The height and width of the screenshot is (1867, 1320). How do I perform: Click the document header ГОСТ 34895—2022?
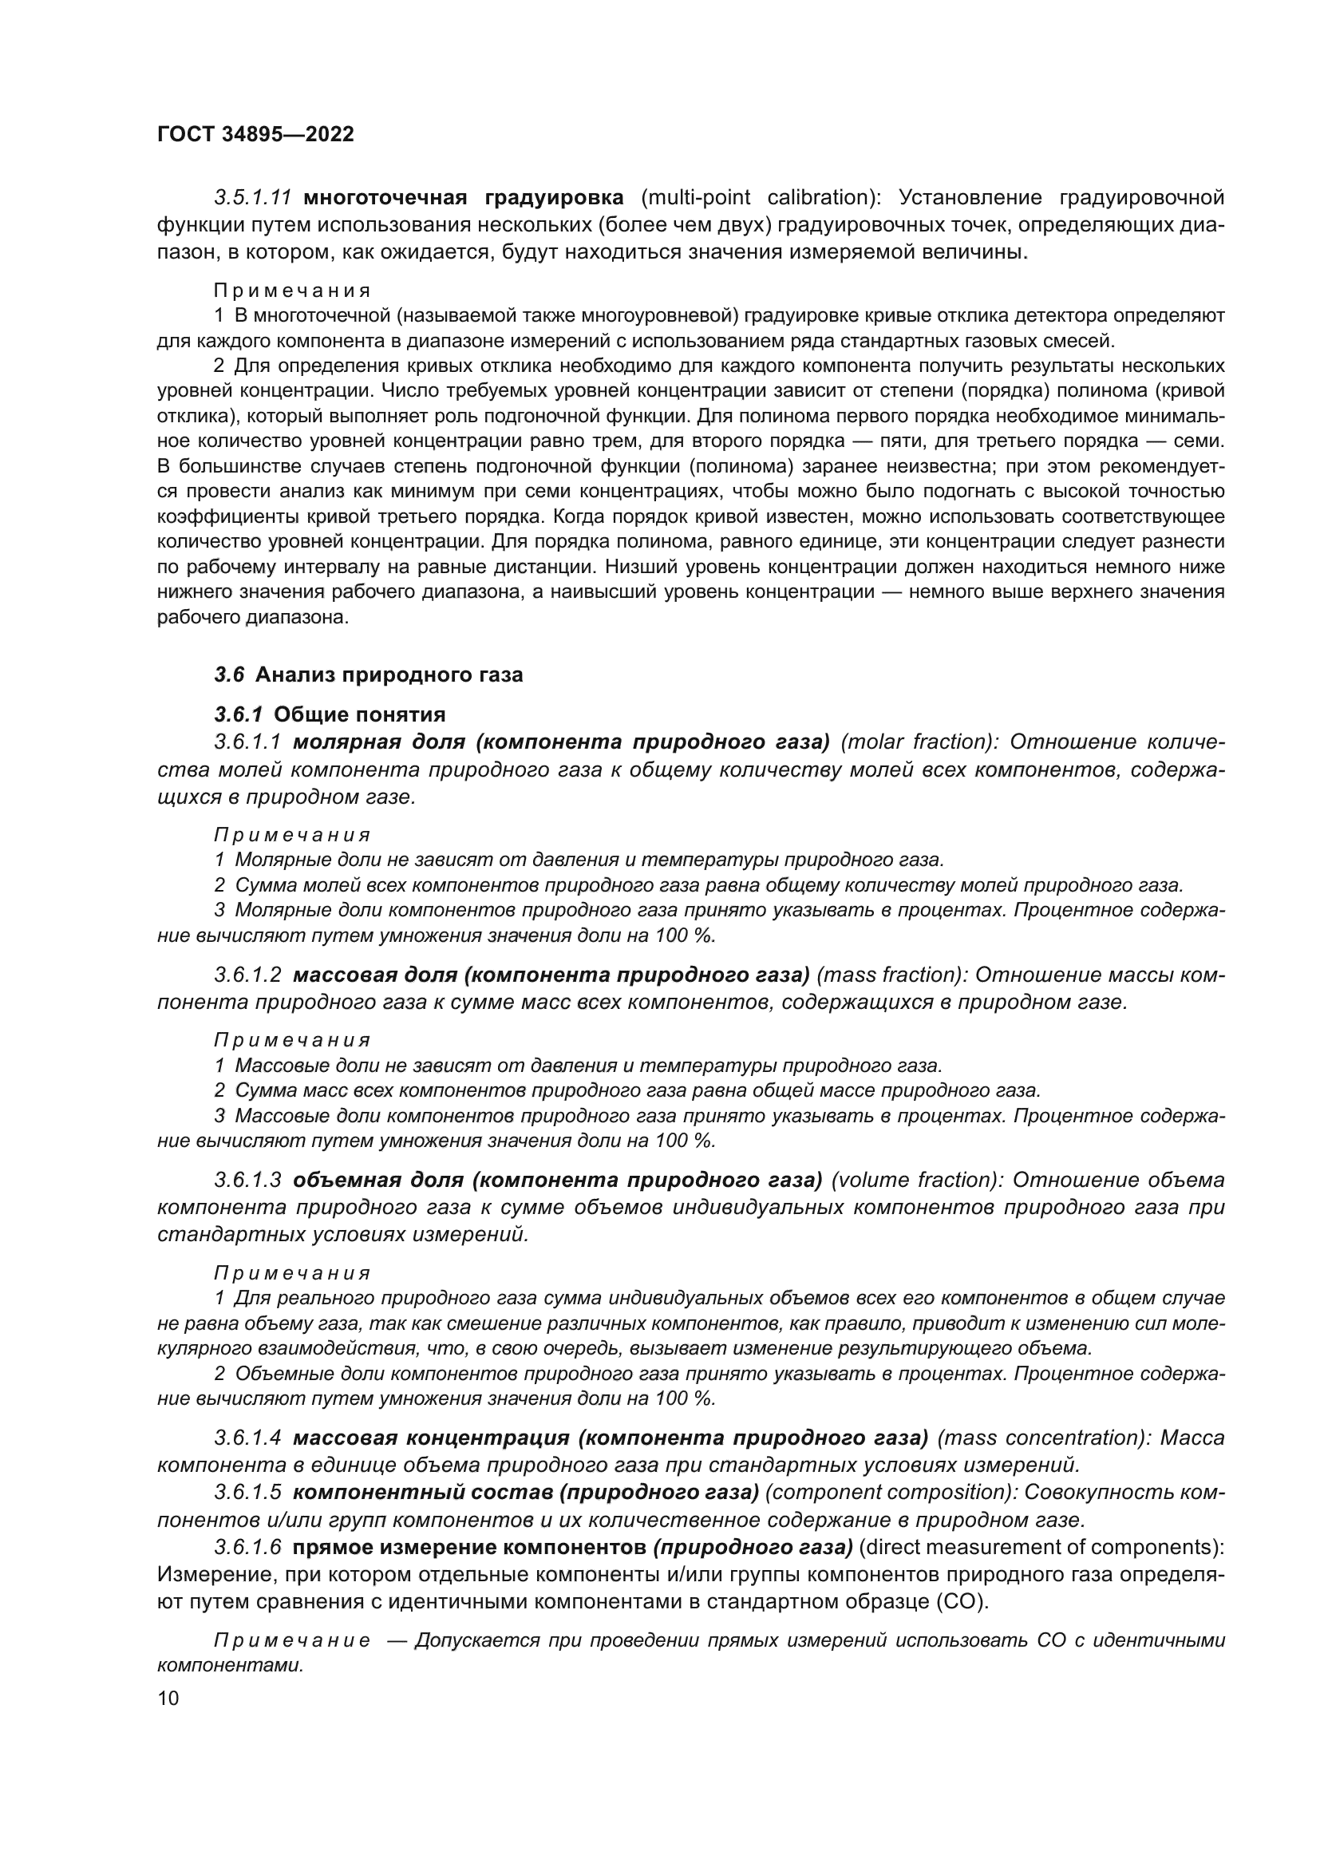tap(255, 135)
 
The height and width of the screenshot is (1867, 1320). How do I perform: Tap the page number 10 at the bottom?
tap(168, 1699)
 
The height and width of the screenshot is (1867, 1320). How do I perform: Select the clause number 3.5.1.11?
tap(253, 198)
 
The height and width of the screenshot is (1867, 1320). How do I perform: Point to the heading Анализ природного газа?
tap(389, 675)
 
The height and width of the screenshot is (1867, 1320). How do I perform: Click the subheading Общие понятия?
tap(360, 714)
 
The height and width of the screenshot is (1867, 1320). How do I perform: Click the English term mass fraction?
tap(890, 975)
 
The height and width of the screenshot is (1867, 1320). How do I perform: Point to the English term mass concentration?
tap(1043, 1438)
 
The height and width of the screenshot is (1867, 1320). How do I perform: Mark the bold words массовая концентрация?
tap(431, 1438)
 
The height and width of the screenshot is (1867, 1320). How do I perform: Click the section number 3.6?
tap(229, 675)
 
